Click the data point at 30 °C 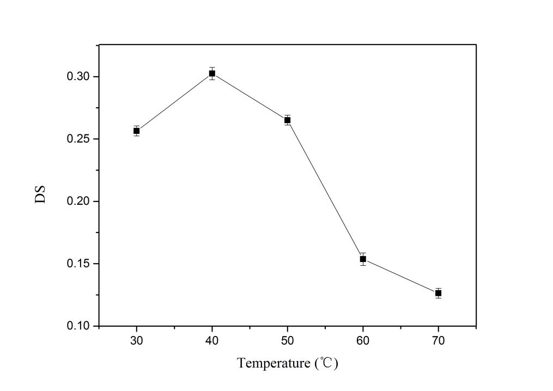(137, 131)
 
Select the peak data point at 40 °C (212, 73)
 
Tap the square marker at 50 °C (288, 120)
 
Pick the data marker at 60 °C (363, 259)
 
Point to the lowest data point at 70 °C (438, 293)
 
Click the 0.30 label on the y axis (78, 77)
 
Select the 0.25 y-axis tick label (78, 139)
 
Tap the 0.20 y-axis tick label (78, 201)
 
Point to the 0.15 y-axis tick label (78, 264)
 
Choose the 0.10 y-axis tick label (78, 326)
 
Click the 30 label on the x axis (137, 341)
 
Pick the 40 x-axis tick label (212, 341)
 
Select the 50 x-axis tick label (288, 341)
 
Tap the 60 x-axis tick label (363, 341)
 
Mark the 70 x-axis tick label (438, 341)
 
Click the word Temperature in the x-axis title (273, 363)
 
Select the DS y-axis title (40, 195)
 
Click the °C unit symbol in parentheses (326, 363)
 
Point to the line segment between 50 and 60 (325, 189)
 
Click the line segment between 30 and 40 (174, 102)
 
